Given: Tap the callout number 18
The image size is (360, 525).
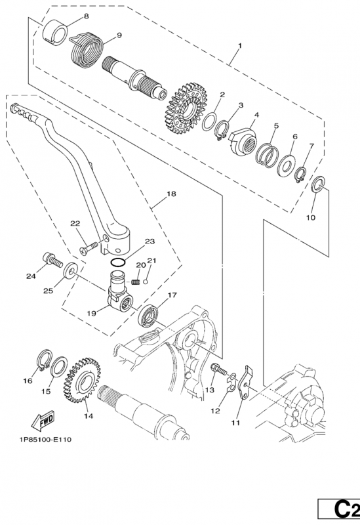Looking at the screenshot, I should coord(171,194).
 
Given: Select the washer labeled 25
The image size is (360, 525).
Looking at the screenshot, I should coord(71,269).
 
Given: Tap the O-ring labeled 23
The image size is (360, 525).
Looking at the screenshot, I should coord(117,262).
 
